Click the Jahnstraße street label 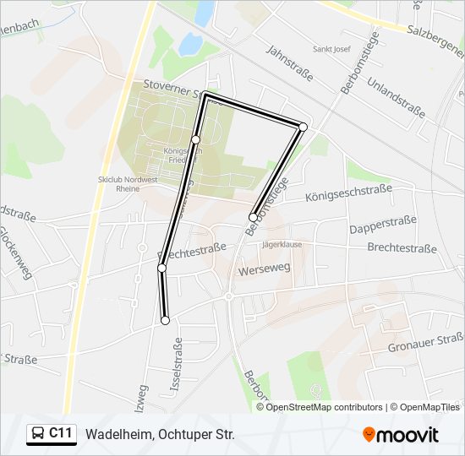[288, 63]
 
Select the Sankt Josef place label [331, 49]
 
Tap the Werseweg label [264, 269]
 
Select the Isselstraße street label [178, 364]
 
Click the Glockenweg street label [14, 252]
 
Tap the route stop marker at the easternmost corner [303, 127]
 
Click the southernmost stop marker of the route [166, 320]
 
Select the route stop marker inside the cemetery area [195, 139]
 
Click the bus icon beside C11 [38, 434]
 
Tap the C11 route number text [60, 434]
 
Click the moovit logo [401, 435]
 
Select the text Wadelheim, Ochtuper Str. [159, 435]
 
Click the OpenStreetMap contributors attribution [325, 407]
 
